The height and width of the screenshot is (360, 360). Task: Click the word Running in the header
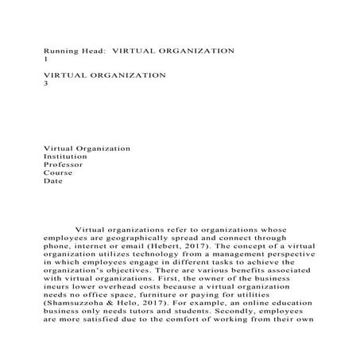(60, 51)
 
